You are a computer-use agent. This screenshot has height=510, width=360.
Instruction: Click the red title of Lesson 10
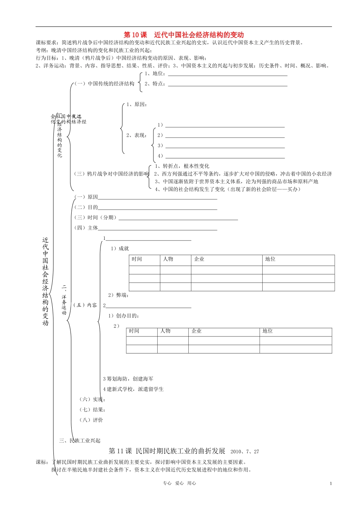tap(184, 35)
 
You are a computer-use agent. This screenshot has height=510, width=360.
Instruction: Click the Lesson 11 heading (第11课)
tap(167, 451)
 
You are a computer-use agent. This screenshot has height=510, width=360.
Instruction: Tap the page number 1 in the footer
tap(331, 483)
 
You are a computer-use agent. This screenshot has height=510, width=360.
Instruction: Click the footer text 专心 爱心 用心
tap(180, 483)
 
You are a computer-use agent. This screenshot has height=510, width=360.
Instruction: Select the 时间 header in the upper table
tap(137, 259)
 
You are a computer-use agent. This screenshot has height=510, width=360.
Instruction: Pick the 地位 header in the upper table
tap(270, 259)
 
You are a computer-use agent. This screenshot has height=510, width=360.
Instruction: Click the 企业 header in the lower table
tap(197, 331)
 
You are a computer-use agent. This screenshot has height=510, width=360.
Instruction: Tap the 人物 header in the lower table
tap(165, 331)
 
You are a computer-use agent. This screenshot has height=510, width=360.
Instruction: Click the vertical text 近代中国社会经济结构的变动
tap(45, 281)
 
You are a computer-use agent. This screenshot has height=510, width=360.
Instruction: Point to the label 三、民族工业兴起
tap(80, 440)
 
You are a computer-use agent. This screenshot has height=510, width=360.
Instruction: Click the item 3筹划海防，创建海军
tap(128, 379)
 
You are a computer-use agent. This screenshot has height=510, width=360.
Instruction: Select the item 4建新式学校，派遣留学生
tap(133, 389)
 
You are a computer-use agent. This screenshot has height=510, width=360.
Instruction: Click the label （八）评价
tap(91, 420)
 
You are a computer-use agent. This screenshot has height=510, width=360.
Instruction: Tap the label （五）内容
tap(85, 305)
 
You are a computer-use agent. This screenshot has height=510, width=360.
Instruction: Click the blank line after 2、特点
tap(227, 85)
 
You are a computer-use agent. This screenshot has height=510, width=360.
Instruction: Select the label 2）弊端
tap(118, 295)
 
